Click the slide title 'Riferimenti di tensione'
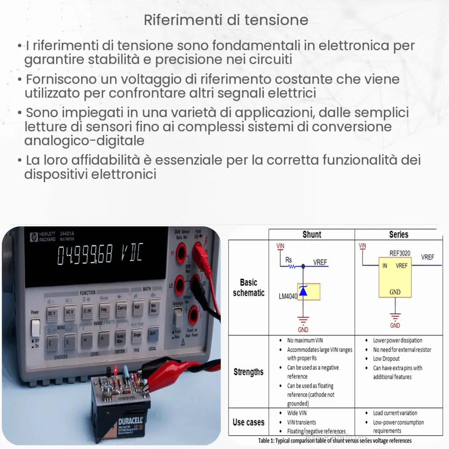click(x=226, y=20)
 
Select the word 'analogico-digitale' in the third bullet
click(x=84, y=141)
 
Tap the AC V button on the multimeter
click(x=70, y=311)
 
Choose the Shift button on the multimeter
click(x=153, y=333)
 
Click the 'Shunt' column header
click(x=312, y=234)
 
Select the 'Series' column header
click(x=399, y=234)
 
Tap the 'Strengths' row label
click(x=248, y=372)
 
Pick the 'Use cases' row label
click(x=248, y=422)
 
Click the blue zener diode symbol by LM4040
click(x=303, y=292)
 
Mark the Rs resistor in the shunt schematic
click(x=292, y=266)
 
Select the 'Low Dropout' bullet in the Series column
click(x=386, y=359)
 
